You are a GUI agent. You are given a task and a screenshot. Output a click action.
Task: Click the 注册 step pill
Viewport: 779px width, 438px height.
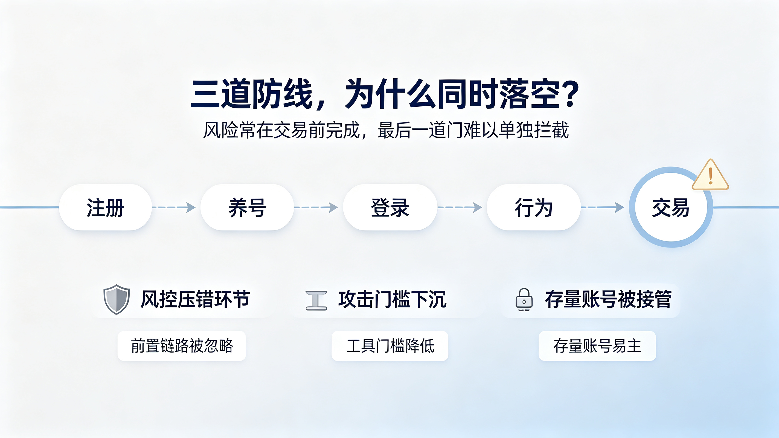[x=105, y=207]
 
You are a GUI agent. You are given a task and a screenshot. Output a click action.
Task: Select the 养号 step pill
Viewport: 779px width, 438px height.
[x=247, y=207]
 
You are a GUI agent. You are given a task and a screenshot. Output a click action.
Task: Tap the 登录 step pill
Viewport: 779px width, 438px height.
[x=390, y=207]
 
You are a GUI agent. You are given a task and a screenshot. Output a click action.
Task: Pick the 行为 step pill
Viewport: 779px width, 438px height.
[x=534, y=207]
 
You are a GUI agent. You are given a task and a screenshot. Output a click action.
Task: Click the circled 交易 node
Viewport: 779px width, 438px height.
[x=671, y=207]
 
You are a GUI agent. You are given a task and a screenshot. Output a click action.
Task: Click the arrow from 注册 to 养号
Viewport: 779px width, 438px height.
[x=174, y=207]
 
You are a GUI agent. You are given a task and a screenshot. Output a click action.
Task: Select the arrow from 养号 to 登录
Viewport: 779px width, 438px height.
[x=316, y=207]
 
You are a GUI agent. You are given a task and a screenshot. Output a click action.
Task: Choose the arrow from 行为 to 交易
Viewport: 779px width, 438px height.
[x=603, y=207]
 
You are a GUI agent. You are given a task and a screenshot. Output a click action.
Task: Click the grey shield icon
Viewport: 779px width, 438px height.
[x=117, y=299]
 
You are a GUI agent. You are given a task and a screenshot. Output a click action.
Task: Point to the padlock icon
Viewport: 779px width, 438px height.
[x=524, y=300]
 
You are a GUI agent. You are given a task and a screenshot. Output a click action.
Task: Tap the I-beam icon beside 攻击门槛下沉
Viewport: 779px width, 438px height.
[x=316, y=301]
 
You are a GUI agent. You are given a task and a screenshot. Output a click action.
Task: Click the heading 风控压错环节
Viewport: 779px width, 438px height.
[x=196, y=299]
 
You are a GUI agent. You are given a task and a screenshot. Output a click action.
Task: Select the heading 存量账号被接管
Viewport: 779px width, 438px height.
[x=608, y=299]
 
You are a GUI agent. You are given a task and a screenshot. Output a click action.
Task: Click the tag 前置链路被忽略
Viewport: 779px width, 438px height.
[x=182, y=346]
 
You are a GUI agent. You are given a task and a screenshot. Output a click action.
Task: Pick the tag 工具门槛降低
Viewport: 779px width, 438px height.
[x=390, y=346]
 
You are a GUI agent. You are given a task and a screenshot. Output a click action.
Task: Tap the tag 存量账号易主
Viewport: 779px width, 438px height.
[x=597, y=346]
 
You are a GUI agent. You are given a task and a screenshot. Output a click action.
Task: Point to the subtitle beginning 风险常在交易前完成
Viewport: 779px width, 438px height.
[x=386, y=130]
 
